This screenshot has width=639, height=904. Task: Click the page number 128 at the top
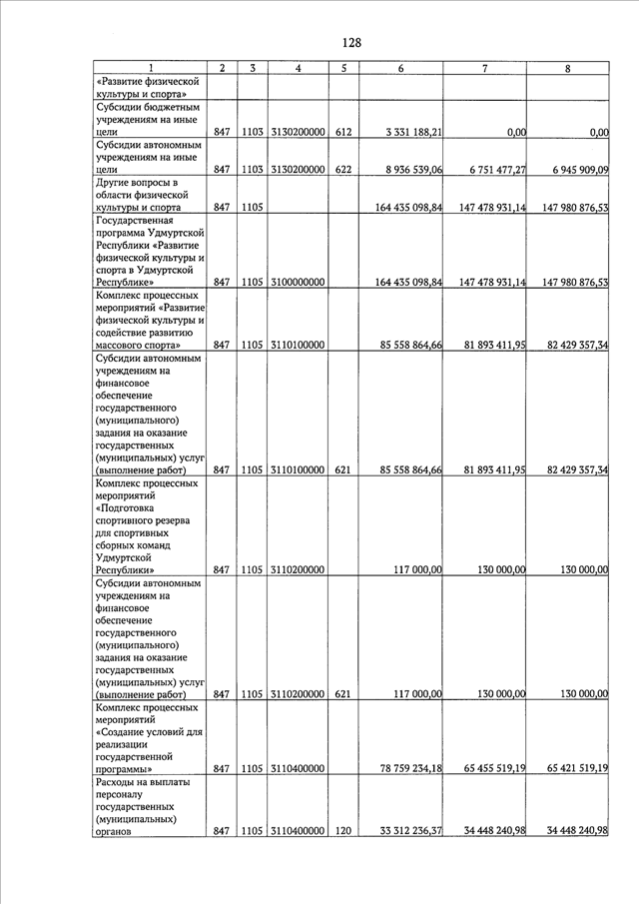(x=350, y=43)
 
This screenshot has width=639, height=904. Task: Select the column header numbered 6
(x=400, y=68)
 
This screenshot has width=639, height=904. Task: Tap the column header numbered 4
(x=298, y=68)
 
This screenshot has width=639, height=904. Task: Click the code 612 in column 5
(x=343, y=132)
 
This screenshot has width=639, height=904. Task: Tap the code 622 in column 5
(x=343, y=170)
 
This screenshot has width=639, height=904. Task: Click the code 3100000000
(x=298, y=283)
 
